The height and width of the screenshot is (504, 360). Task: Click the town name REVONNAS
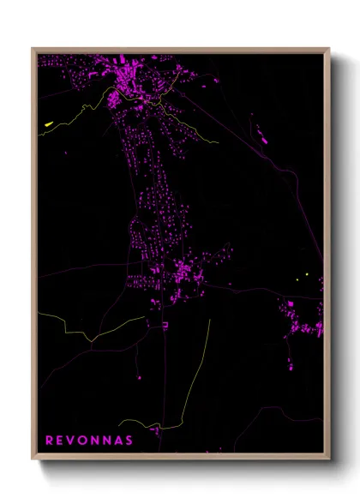(x=88, y=441)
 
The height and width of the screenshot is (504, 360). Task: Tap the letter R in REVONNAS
(x=49, y=441)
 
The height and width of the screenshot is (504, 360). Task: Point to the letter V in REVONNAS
(x=71, y=441)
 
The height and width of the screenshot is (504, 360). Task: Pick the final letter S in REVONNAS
(x=129, y=441)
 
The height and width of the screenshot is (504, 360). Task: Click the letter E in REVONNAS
(x=60, y=441)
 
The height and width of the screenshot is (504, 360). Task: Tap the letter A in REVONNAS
(x=117, y=441)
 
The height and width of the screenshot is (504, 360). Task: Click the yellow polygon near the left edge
(x=48, y=125)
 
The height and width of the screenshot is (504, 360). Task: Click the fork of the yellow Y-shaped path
(x=92, y=340)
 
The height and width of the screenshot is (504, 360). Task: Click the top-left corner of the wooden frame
(x=32, y=48)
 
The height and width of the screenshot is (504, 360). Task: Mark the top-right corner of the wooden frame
(x=330, y=48)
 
